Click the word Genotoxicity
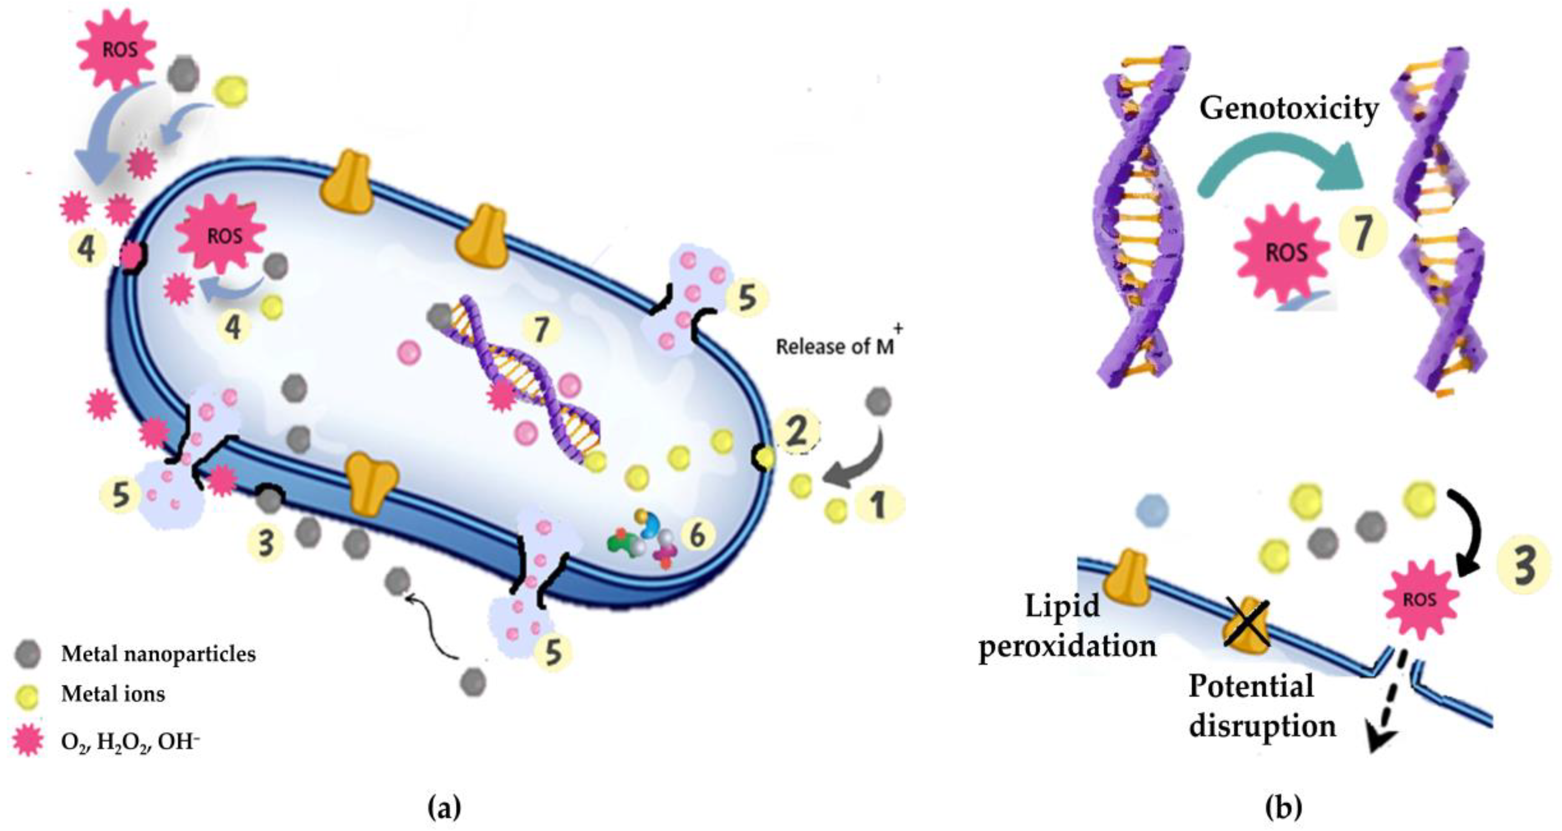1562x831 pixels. point(1288,109)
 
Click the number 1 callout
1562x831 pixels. point(878,504)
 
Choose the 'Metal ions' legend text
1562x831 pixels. point(113,693)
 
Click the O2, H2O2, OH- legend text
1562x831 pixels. point(130,741)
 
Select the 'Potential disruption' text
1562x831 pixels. point(1261,706)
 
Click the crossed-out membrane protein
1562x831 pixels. point(1247,626)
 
